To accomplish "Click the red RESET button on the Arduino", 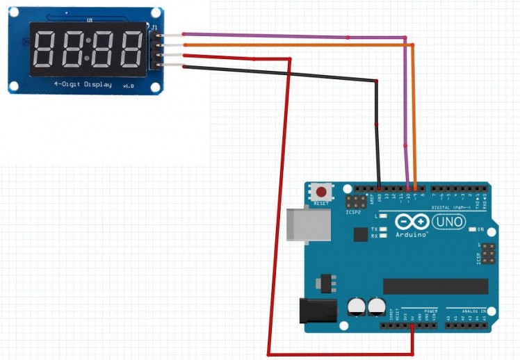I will [321, 191].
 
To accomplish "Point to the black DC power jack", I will [316, 310].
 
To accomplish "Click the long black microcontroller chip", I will [436, 286].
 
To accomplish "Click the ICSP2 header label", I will [353, 211].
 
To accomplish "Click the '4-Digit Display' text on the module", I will [82, 84].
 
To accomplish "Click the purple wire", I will [292, 35].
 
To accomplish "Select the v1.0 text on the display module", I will [128, 85].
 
